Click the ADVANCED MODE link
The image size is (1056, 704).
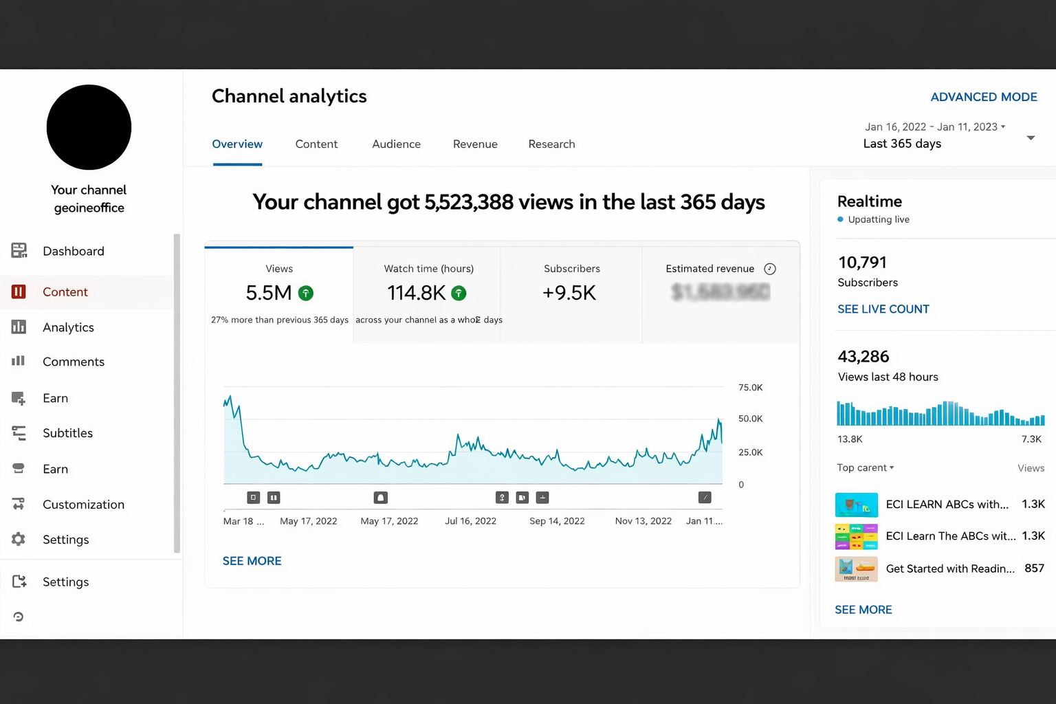coord(983,97)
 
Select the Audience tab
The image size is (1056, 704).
coord(396,144)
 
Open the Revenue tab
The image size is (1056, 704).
coord(475,144)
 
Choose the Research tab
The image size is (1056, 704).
coord(551,144)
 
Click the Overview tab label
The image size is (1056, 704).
coord(237,144)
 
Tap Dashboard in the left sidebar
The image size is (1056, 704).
coord(73,251)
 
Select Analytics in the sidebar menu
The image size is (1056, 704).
coord(68,327)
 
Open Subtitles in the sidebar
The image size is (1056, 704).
coord(67,433)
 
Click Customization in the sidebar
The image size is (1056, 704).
coord(83,505)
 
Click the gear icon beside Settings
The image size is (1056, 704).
coord(19,540)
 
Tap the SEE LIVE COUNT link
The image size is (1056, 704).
coord(883,309)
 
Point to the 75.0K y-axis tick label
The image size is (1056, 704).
coord(750,388)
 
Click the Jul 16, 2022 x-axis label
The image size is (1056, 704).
coord(470,521)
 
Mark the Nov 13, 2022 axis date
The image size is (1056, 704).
coord(643,521)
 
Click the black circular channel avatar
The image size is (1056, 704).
coord(89,127)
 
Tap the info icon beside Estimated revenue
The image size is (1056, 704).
coord(770,269)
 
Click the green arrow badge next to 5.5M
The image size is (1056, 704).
coord(306,294)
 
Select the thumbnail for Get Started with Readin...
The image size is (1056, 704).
coord(856,569)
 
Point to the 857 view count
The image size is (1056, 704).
coord(1034,569)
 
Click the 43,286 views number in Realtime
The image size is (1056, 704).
coord(863,357)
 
